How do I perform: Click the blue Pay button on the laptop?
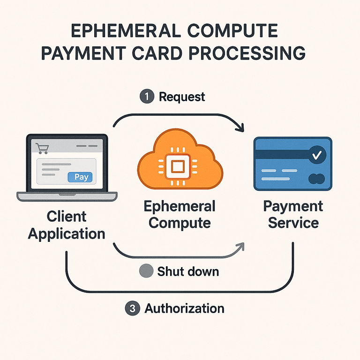80,177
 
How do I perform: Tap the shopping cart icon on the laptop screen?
42,148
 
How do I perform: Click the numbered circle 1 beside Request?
147,96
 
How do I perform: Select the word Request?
182,97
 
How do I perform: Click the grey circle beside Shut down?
146,270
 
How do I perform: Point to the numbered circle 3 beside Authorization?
133,308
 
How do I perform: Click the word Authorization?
184,308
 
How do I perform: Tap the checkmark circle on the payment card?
317,155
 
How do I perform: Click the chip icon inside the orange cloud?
178,166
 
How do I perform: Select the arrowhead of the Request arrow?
240,127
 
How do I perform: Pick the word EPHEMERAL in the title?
126,30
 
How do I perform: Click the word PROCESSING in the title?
247,53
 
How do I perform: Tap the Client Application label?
67,225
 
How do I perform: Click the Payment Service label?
293,214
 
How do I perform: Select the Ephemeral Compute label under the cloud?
180,214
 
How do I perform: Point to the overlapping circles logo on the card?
316,179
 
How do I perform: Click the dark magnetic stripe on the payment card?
282,154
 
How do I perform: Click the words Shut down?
188,271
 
